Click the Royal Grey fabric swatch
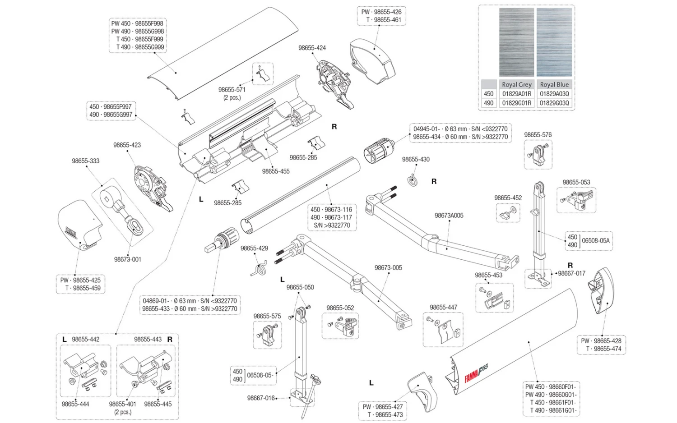516,42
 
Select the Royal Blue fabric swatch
554,42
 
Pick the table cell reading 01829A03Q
554,94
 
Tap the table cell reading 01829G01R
516,103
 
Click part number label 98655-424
312,48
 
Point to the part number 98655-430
416,159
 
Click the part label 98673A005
449,216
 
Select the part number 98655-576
538,135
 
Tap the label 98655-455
276,171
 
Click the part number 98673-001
127,259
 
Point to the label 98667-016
261,398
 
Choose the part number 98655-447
443,308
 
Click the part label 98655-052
340,308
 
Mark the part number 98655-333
85,161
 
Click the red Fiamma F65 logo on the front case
476,373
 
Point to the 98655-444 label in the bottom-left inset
75,404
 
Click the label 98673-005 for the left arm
388,268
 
